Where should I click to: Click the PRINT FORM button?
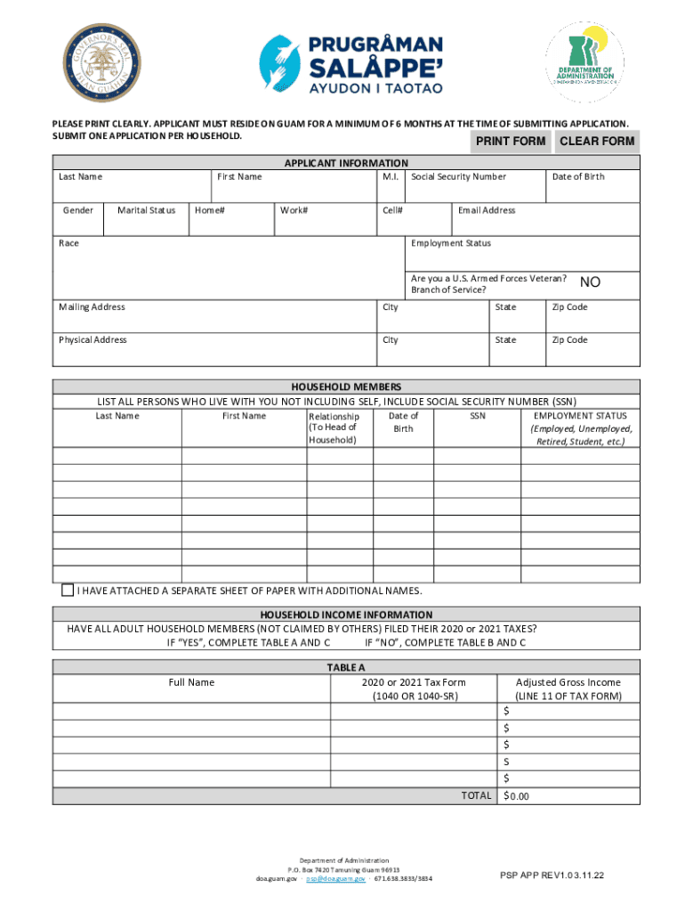click(x=511, y=142)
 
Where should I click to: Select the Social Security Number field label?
click(x=458, y=177)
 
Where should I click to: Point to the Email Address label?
click(x=486, y=211)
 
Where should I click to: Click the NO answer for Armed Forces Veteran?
click(x=590, y=282)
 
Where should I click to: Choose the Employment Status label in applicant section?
click(x=450, y=243)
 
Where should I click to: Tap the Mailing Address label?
click(x=92, y=307)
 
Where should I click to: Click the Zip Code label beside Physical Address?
click(x=569, y=340)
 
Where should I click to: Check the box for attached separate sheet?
click(x=68, y=590)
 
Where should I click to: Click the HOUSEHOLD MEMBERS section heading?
click(x=346, y=387)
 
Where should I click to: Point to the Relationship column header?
click(x=334, y=427)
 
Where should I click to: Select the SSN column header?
click(x=478, y=416)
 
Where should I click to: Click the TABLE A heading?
click(x=346, y=667)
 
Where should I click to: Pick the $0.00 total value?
click(x=517, y=796)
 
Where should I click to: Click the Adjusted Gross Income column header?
click(x=568, y=689)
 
